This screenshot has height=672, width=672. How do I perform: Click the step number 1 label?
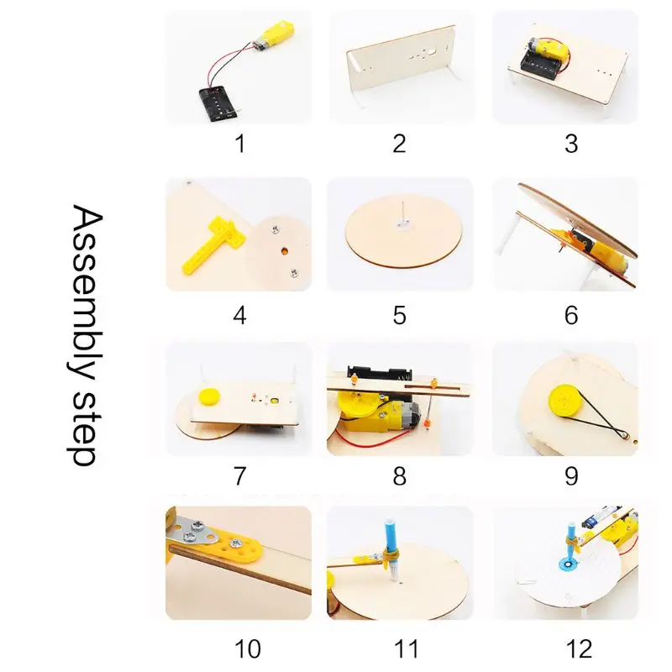click(240, 144)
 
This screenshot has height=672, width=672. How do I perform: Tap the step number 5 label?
click(400, 316)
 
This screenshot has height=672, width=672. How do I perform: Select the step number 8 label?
click(400, 476)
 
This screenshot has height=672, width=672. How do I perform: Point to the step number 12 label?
click(579, 648)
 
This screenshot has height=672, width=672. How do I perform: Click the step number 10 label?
click(248, 648)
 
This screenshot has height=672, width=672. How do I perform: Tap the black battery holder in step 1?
click(217, 103)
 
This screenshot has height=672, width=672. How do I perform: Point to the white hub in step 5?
click(403, 224)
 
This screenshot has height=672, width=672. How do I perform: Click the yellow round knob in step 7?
click(207, 395)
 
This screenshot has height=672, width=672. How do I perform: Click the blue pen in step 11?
click(392, 549)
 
